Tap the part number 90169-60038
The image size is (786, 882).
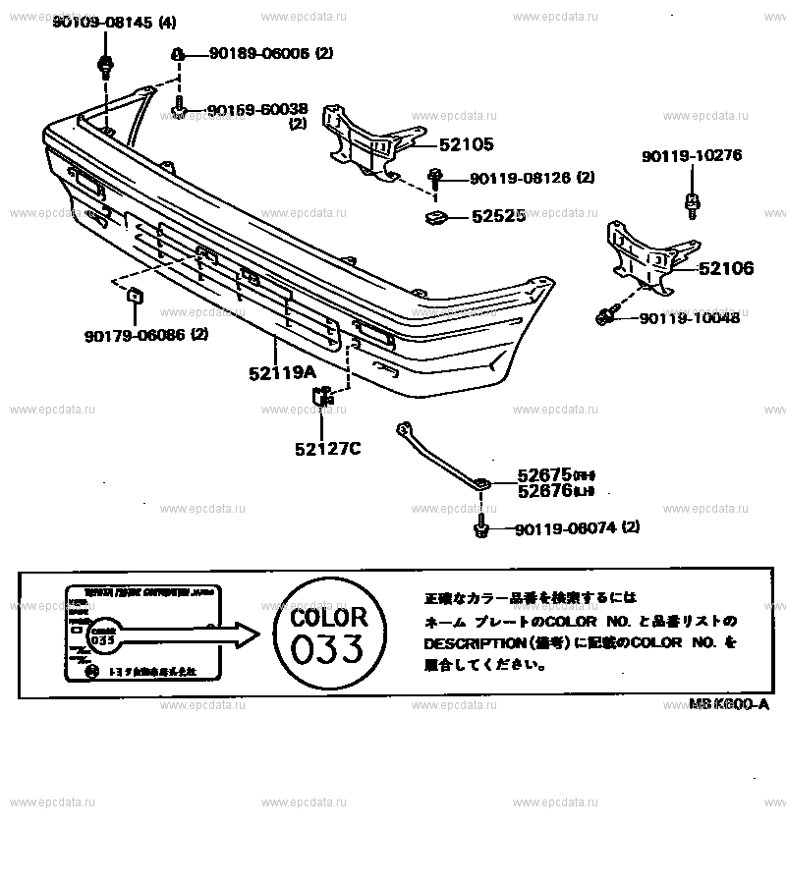click(255, 110)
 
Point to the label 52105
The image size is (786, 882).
click(466, 144)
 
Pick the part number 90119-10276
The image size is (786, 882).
click(692, 155)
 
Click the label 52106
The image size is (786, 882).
click(726, 267)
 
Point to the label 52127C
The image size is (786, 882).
click(327, 449)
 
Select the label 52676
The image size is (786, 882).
click(544, 490)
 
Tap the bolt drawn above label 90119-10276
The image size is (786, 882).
click(692, 205)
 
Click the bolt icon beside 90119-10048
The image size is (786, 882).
click(607, 316)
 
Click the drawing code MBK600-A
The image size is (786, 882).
click(728, 704)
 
